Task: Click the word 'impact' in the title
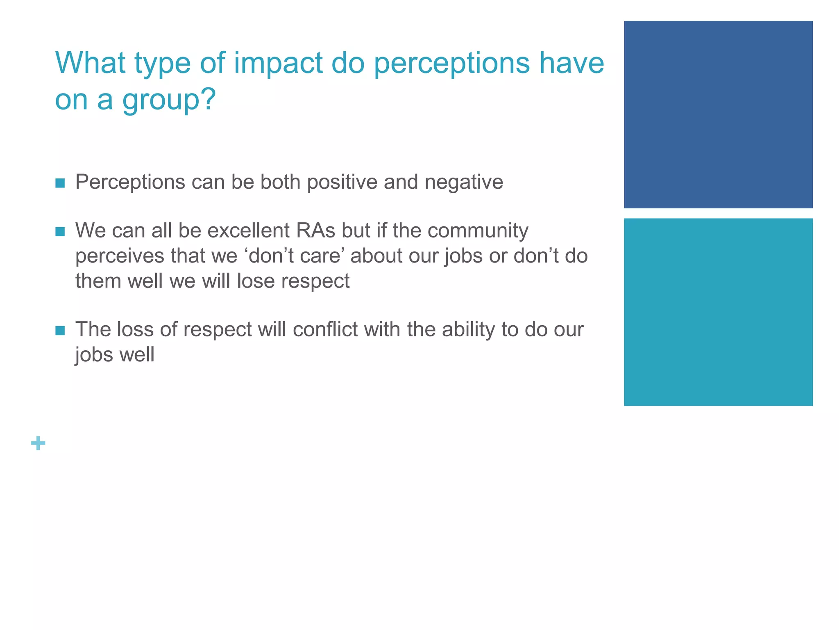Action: click(x=278, y=64)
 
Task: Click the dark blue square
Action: click(x=718, y=114)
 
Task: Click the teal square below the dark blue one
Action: click(x=718, y=312)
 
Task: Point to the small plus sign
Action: click(x=38, y=443)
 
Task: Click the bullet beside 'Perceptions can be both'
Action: click(x=60, y=183)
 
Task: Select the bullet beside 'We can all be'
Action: click(x=60, y=232)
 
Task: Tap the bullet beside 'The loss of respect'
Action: click(x=60, y=331)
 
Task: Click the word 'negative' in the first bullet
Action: click(x=464, y=182)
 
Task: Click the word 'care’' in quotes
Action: click(x=323, y=256)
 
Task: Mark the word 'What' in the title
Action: click(x=91, y=64)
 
